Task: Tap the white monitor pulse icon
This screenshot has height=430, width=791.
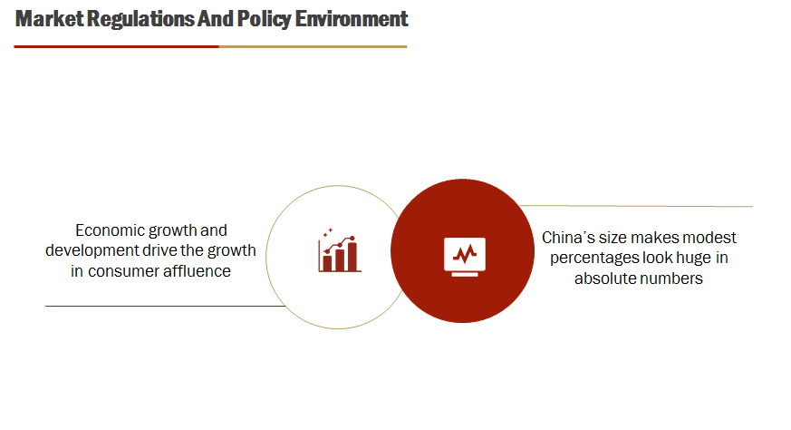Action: click(x=464, y=253)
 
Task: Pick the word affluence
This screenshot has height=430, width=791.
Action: click(x=196, y=270)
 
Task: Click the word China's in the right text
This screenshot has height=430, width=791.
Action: click(x=567, y=238)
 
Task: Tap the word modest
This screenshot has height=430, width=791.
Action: click(x=712, y=238)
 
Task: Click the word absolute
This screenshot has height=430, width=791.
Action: click(x=605, y=279)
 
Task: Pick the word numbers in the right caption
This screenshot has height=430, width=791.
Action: click(x=671, y=279)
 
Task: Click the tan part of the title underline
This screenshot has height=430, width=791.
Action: click(x=313, y=45)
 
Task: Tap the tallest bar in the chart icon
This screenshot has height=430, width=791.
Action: click(x=352, y=256)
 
